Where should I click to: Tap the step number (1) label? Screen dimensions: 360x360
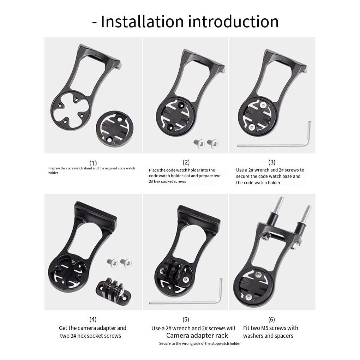tap(93, 163)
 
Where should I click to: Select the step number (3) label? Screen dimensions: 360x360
tap(271, 162)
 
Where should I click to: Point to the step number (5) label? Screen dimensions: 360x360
tap(186, 319)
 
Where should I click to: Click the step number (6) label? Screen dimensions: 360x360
tap(271, 319)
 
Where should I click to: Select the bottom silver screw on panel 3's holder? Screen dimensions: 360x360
tap(251, 126)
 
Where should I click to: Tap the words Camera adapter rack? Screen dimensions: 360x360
tap(197, 336)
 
